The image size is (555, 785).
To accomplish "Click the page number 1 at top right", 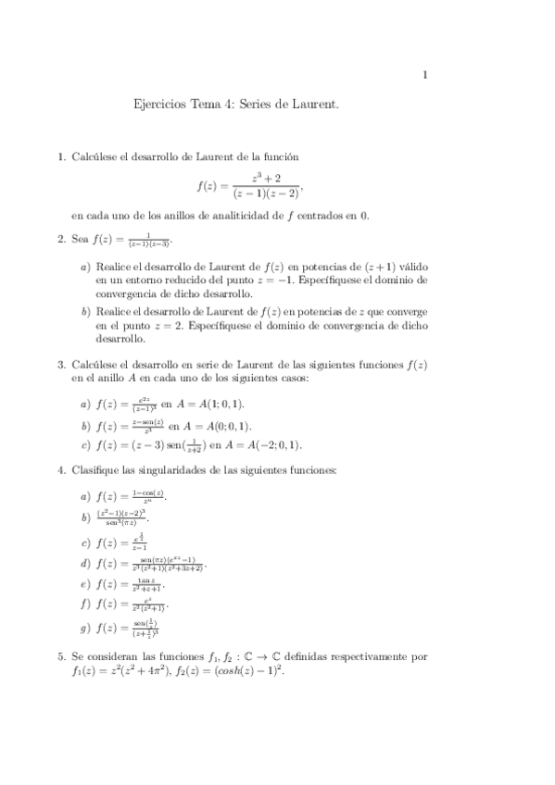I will [x=424, y=76].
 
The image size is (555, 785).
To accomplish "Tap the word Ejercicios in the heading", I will [x=159, y=106].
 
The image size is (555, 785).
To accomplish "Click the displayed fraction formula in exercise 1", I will [x=249, y=185].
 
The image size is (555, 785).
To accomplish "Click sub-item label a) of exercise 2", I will [x=85, y=267].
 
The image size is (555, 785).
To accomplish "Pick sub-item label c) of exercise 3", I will [x=85, y=445].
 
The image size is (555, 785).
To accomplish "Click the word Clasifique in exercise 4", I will [x=99, y=470].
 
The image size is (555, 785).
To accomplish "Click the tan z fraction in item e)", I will [x=145, y=584].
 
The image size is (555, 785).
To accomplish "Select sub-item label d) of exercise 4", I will [x=85, y=563].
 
